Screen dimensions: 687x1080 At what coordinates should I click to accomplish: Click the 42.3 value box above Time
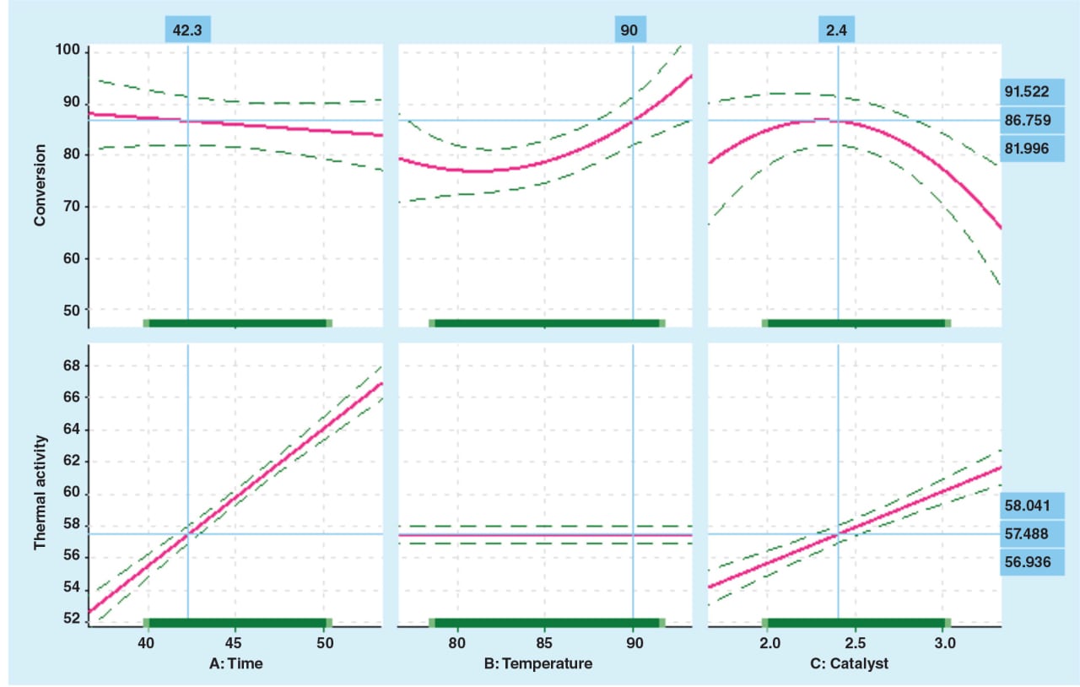(187, 30)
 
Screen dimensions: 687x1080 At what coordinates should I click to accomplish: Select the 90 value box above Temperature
(629, 30)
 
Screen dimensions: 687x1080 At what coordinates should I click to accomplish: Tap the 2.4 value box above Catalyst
(838, 30)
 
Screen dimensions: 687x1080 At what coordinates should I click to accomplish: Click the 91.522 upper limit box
(1026, 91)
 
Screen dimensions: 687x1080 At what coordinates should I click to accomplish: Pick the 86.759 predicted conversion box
(1026, 120)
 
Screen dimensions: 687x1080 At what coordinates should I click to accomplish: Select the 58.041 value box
(1026, 505)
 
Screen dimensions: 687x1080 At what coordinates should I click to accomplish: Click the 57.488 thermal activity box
(1026, 533)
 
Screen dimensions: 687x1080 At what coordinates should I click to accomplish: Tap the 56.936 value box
(1026, 561)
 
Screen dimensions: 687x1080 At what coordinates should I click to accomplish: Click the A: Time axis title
(236, 663)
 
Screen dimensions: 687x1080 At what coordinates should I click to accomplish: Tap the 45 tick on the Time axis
(235, 641)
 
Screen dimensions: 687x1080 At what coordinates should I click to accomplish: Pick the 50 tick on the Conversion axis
(73, 310)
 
